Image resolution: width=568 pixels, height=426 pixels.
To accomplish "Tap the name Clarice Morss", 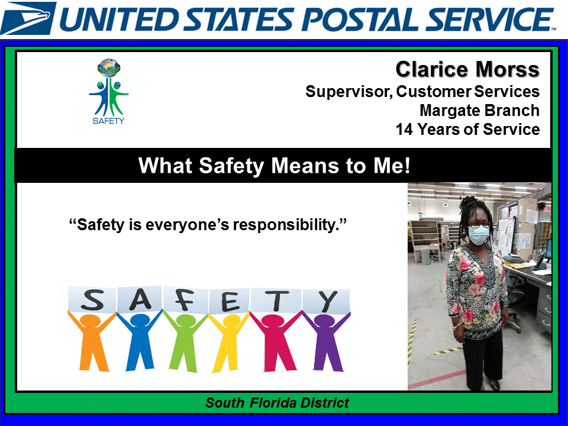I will (x=467, y=70).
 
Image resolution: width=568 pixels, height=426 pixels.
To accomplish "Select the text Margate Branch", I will (x=479, y=111).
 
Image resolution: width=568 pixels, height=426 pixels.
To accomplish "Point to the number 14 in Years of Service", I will (x=405, y=130).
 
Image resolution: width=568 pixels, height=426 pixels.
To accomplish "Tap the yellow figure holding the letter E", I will (x=228, y=343).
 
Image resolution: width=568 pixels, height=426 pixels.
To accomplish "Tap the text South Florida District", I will (x=277, y=404).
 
